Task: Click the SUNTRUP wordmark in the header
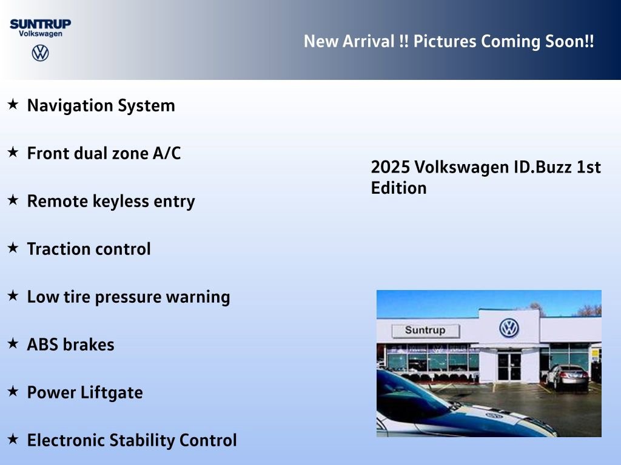40,24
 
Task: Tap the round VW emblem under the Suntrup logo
40,53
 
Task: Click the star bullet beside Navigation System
13,105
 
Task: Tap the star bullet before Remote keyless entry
13,200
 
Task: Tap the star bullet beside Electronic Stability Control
13,439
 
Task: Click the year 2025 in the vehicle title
391,167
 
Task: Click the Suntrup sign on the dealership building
425,331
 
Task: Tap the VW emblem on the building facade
509,328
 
